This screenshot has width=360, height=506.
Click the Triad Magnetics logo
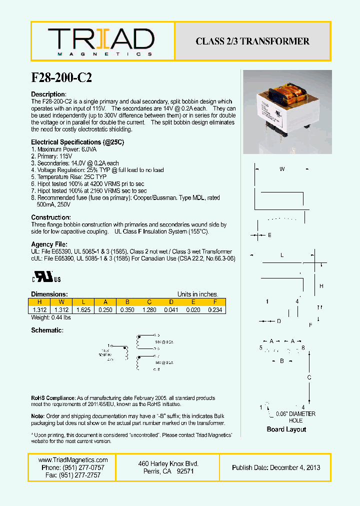point(100,41)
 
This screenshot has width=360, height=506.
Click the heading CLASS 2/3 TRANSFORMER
point(252,41)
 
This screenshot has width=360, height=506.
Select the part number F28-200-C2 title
point(61,77)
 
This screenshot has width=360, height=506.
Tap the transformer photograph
point(287,112)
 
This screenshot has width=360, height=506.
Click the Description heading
point(48,94)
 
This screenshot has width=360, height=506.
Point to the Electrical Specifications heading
point(77,142)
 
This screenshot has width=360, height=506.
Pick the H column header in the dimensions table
point(39,302)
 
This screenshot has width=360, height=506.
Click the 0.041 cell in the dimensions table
point(171,310)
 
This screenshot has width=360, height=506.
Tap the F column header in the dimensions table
point(215,302)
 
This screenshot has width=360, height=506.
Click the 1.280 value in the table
point(149,310)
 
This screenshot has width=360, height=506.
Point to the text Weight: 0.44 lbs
point(51,317)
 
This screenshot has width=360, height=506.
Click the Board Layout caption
point(286,429)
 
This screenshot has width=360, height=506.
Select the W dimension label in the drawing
point(282,169)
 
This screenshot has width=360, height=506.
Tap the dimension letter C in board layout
point(309,377)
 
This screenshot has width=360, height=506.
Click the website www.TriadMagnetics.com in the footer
point(73,460)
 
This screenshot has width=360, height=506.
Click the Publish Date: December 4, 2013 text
point(276,467)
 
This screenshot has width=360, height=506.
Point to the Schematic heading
point(47,330)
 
